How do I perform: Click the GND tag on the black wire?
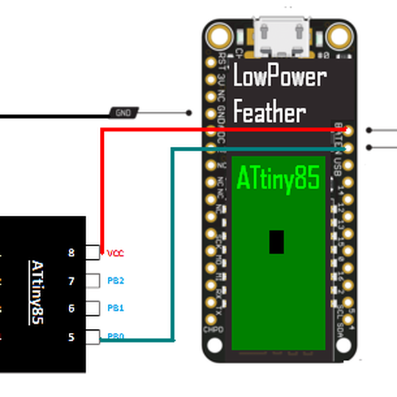coord(124,113)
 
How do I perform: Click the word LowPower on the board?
coord(280,77)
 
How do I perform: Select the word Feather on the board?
coord(269,112)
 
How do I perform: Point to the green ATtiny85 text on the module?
coord(279,178)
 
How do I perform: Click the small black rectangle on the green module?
coord(277,242)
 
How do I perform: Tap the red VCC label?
coord(115,253)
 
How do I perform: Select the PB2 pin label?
coord(116,281)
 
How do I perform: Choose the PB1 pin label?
coord(116,308)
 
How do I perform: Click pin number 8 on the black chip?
coord(71,253)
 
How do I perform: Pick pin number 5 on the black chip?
coord(71,337)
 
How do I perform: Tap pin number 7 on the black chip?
coord(71,281)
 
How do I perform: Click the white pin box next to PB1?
coord(93,308)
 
